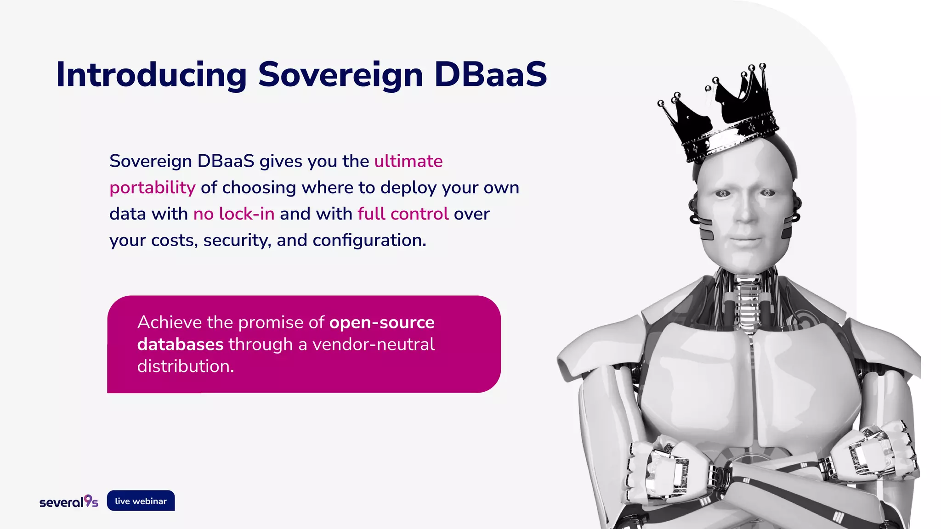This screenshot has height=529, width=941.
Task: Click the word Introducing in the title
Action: point(151,75)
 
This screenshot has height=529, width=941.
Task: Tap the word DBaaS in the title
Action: point(490,75)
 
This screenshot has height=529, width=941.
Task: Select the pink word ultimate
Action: point(408,161)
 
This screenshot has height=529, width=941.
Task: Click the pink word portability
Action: point(152,188)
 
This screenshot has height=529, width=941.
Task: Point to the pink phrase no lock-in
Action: point(233,214)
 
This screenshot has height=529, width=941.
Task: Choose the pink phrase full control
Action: point(402,214)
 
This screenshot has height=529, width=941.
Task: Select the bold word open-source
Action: point(381,322)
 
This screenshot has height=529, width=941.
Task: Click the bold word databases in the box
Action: point(180,344)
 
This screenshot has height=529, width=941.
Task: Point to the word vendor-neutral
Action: point(373,344)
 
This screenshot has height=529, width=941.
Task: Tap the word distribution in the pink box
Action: point(185,366)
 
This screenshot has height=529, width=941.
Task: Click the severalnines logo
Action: point(68,501)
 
